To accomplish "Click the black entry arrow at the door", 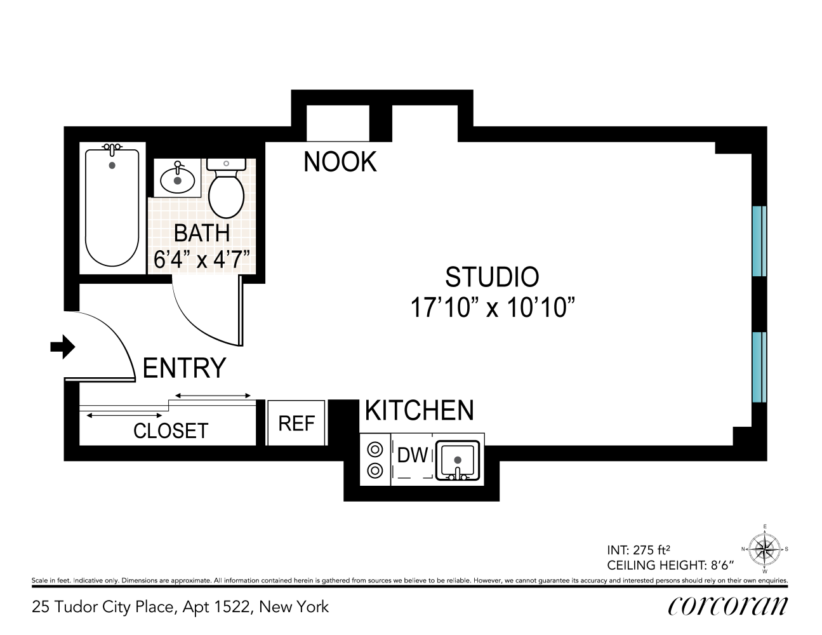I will click(x=63, y=347).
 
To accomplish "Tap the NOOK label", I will click(x=340, y=162).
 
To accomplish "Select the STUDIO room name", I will click(x=492, y=277).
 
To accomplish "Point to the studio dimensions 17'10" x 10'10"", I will click(x=492, y=308).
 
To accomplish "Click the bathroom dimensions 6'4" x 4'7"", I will click(x=202, y=259).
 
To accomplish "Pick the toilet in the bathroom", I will click(x=227, y=190).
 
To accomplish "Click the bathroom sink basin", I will click(x=178, y=179).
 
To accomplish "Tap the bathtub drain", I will click(x=112, y=166).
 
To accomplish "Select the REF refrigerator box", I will click(x=296, y=424).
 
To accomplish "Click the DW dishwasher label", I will click(x=412, y=455).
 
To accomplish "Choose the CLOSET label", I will click(x=171, y=431).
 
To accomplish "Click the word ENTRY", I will click(x=184, y=368).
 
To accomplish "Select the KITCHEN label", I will click(x=419, y=411).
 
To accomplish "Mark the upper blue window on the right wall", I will click(x=759, y=241).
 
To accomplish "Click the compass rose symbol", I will click(x=764, y=549).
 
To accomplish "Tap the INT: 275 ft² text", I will click(x=639, y=551).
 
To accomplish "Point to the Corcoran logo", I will click(x=727, y=606).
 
